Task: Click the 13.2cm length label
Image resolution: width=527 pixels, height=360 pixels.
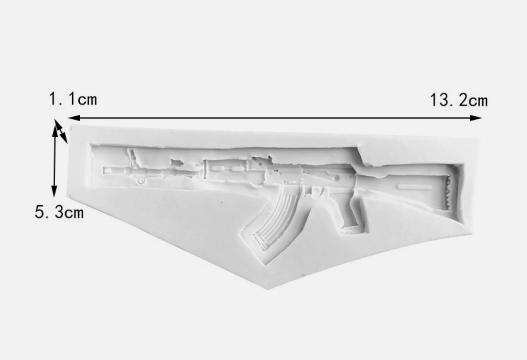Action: click(459, 100)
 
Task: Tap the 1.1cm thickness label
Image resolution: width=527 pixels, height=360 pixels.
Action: click(73, 99)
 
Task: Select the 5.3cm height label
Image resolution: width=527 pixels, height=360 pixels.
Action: click(59, 212)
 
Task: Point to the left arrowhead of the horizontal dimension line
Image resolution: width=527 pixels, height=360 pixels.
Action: click(74, 118)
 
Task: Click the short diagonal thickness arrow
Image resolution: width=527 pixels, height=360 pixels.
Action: click(61, 131)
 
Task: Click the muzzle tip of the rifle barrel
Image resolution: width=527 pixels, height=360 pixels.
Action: click(104, 170)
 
